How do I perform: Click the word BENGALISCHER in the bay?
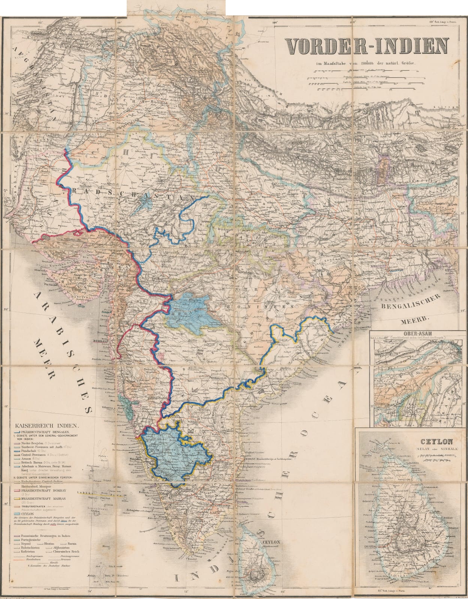[x=406, y=307]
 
